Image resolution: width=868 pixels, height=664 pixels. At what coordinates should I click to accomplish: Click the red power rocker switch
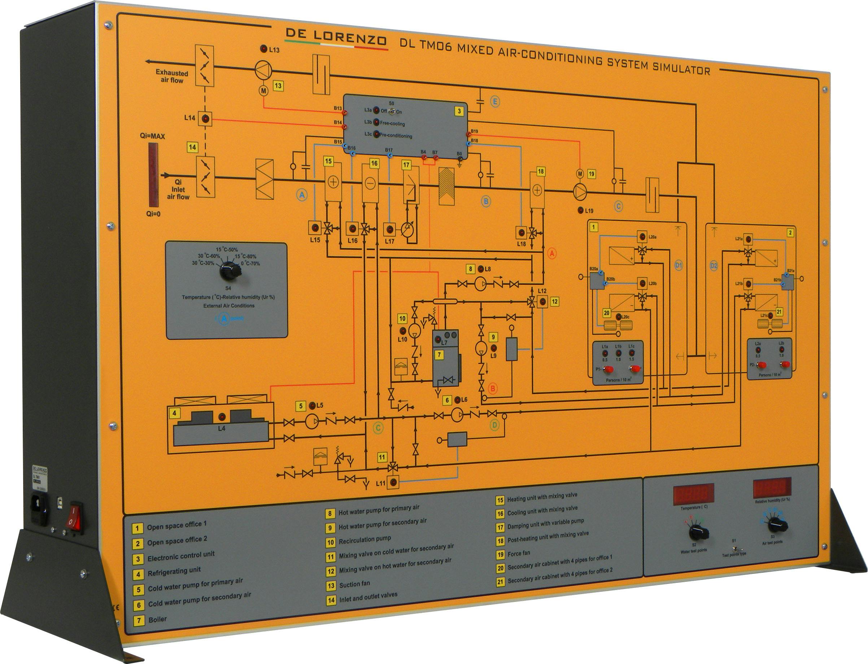(x=75, y=518)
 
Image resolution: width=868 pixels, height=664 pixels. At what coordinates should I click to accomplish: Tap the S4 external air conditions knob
(x=230, y=271)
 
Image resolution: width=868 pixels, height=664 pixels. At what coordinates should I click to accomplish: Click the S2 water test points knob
(x=698, y=532)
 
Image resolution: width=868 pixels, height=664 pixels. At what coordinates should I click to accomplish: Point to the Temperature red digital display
(x=694, y=494)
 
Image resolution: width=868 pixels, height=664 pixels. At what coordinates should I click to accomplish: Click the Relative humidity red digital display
(x=772, y=488)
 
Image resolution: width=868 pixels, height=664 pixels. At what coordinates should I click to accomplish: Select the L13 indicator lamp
(x=263, y=49)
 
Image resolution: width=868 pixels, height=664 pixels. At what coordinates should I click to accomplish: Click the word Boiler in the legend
(x=157, y=619)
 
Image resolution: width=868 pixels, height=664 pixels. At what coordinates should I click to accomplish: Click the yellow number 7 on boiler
(x=439, y=355)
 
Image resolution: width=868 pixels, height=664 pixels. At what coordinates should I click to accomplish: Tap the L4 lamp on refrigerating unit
(x=222, y=417)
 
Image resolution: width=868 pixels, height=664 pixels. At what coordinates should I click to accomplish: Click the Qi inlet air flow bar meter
(x=153, y=175)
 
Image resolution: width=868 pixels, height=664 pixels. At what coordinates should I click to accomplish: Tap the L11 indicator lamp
(x=393, y=481)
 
